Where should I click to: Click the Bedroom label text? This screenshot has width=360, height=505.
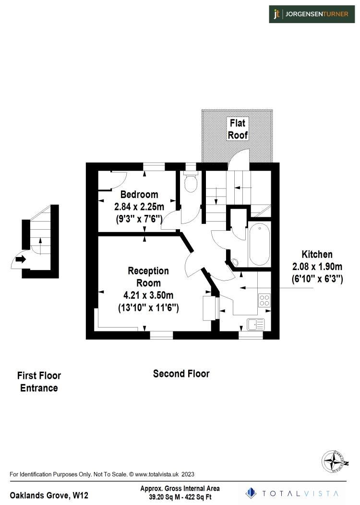pos(139,195)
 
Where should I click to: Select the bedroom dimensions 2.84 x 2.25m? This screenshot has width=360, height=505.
pos(139,207)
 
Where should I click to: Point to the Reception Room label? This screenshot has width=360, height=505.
pos(148,277)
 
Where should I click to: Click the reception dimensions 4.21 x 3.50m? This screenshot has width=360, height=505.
pos(148,295)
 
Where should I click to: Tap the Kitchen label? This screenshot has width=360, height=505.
pos(317,254)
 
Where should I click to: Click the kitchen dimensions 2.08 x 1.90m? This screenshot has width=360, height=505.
pos(317,266)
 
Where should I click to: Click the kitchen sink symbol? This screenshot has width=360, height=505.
pos(256,324)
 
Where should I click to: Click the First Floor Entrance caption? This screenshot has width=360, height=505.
pos(39,382)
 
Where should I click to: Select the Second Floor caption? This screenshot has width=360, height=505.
pos(181,374)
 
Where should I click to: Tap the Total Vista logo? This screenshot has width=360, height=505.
pos(292,493)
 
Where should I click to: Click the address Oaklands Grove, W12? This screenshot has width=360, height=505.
pos(49,495)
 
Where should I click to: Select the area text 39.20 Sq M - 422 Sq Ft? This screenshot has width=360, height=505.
pos(180,497)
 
